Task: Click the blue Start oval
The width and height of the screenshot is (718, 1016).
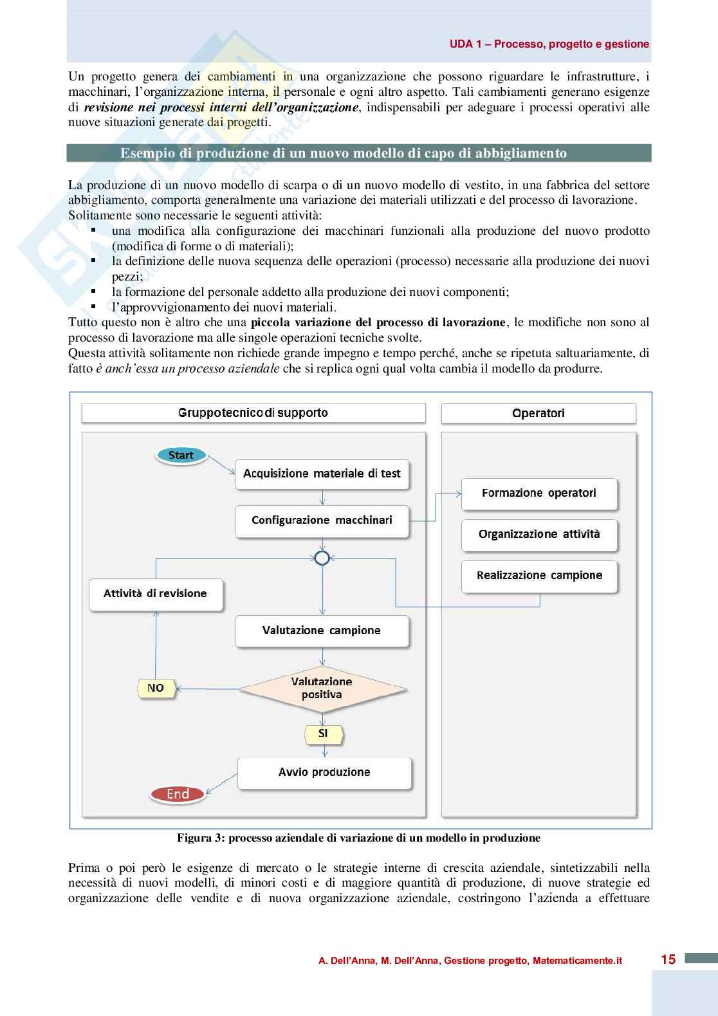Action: point(181,456)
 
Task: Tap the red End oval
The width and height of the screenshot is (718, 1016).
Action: point(178,794)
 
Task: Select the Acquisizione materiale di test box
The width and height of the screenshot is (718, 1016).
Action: point(322,474)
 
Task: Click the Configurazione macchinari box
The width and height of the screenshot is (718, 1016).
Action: point(322,521)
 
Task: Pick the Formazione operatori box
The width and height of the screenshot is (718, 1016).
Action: point(539,494)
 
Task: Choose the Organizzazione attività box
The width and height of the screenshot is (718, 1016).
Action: point(539,535)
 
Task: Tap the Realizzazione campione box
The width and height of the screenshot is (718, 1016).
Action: point(539,576)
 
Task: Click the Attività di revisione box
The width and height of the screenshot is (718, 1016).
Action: point(156,594)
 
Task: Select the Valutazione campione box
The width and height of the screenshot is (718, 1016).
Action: point(322,631)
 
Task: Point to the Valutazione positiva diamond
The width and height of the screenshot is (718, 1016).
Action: point(322,688)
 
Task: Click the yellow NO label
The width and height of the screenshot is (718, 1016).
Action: point(156,688)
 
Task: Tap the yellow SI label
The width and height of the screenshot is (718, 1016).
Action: point(323,734)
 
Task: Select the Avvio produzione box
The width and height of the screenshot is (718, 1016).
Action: point(324,772)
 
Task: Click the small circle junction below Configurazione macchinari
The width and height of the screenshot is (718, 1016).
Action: point(322,558)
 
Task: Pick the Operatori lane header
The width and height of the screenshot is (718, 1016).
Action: point(538,413)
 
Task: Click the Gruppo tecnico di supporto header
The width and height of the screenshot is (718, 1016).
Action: point(253,413)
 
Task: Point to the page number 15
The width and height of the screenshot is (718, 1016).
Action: point(668,959)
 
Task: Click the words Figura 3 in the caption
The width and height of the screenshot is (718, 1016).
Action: point(200,838)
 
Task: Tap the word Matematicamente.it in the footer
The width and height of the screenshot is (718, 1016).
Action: point(577,961)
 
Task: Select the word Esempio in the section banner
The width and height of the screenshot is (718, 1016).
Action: point(148,153)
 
